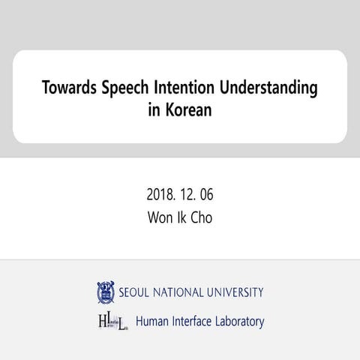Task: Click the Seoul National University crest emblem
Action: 105,292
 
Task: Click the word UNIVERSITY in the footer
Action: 235,292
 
